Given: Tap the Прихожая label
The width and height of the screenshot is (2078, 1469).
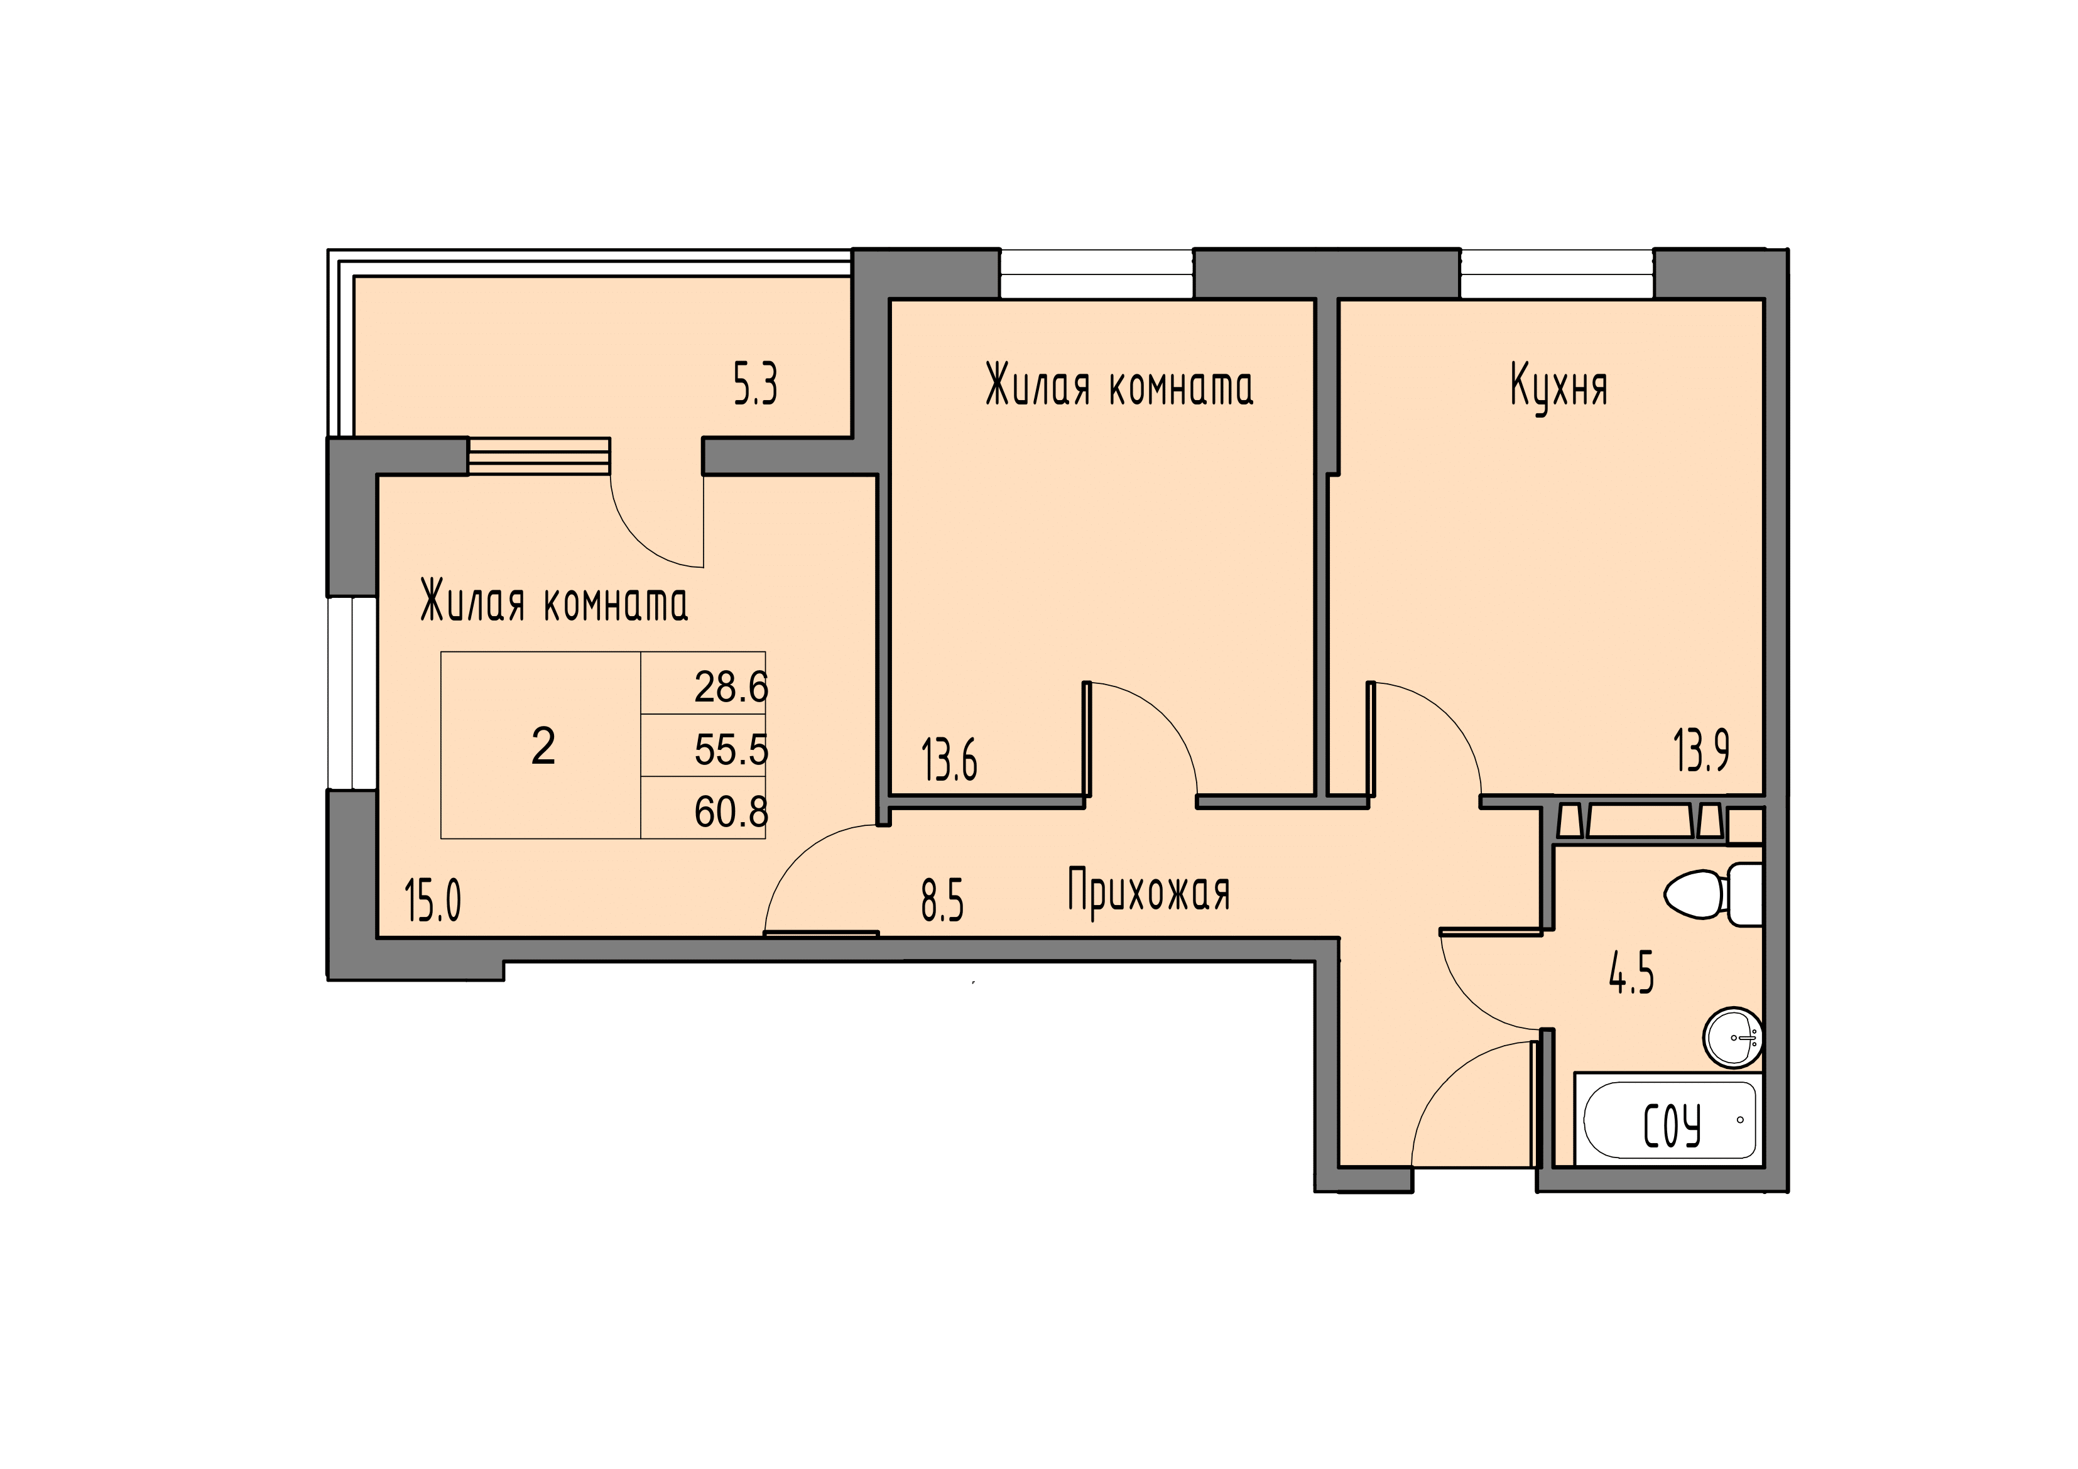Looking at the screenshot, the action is (1148, 892).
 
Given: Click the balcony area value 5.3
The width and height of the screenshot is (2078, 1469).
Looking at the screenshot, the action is (755, 386).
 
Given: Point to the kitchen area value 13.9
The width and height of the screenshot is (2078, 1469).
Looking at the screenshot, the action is (1702, 751).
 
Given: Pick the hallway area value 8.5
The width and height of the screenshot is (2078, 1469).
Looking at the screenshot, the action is (942, 901).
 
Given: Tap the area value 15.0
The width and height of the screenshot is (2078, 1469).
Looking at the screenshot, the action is (433, 901).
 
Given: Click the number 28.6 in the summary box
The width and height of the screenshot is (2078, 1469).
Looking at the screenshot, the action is (731, 688).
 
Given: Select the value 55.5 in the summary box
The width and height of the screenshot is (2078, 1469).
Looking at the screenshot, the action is (731, 751).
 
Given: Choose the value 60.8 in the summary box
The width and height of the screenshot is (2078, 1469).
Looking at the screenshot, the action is (731, 812).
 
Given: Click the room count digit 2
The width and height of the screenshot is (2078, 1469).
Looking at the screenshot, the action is (543, 747).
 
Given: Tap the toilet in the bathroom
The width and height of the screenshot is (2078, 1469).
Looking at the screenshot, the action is (1713, 894).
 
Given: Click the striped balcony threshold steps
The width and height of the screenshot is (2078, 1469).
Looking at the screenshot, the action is (540, 456).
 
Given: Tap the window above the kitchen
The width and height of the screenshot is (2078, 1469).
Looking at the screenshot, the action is (1557, 274).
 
